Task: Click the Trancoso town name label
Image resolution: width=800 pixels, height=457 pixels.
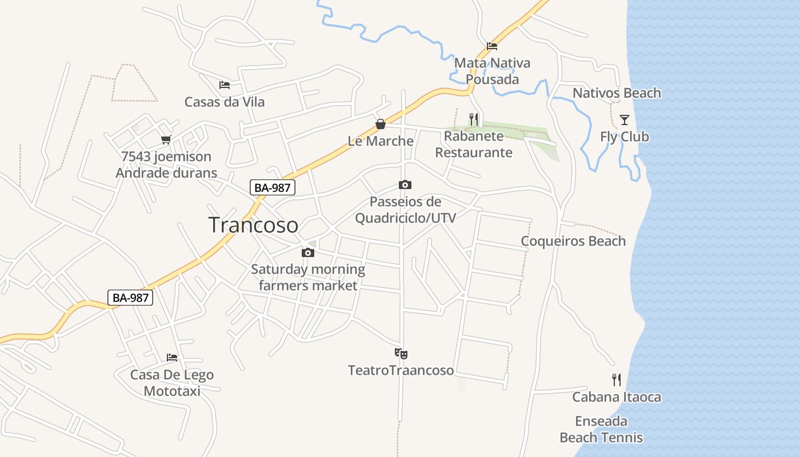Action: (253, 225)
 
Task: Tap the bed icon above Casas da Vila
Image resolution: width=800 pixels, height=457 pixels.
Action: (225, 85)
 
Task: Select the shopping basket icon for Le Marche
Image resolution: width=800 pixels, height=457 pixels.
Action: (381, 124)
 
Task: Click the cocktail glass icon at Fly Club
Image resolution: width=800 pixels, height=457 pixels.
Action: (625, 119)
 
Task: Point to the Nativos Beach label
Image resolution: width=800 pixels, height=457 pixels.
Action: (617, 93)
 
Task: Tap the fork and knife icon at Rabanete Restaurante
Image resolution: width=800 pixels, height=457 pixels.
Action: (474, 119)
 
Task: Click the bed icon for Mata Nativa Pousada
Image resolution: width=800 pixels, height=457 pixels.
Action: (492, 46)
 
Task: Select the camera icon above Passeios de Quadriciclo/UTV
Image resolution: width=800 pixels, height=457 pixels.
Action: (405, 185)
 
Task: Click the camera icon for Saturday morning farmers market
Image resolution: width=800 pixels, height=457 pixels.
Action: (308, 252)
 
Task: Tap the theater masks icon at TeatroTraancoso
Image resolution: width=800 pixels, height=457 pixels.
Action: (401, 354)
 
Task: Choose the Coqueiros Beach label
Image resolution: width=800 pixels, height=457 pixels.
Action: (573, 241)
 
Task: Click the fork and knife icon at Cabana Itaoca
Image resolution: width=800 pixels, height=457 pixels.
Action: (617, 380)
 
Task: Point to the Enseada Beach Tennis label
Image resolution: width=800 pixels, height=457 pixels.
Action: (601, 430)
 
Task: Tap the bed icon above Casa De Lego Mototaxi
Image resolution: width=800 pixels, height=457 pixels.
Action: (172, 358)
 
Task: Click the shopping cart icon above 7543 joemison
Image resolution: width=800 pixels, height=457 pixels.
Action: (166, 139)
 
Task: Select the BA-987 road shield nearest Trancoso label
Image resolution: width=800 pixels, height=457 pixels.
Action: (273, 187)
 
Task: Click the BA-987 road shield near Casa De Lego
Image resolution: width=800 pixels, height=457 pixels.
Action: (130, 297)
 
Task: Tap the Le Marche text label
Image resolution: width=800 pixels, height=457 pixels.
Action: (381, 141)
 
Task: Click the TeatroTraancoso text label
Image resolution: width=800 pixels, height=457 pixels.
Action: (401, 370)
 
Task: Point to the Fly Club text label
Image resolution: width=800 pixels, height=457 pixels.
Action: (625, 137)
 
